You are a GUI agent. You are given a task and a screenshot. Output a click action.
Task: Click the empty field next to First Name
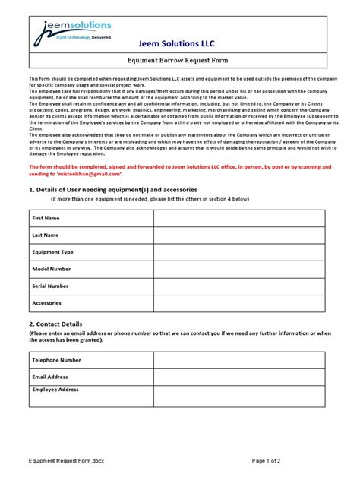coord(238,219)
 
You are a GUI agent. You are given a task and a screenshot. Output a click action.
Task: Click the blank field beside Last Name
coord(238,235)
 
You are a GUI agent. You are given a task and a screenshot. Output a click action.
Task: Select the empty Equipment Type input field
coord(238,252)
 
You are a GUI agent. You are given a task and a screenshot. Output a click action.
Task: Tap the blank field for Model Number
coord(238,269)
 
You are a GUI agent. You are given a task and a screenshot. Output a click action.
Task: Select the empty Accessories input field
coord(238,303)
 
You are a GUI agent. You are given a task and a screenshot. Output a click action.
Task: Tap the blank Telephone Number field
coord(238,360)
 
